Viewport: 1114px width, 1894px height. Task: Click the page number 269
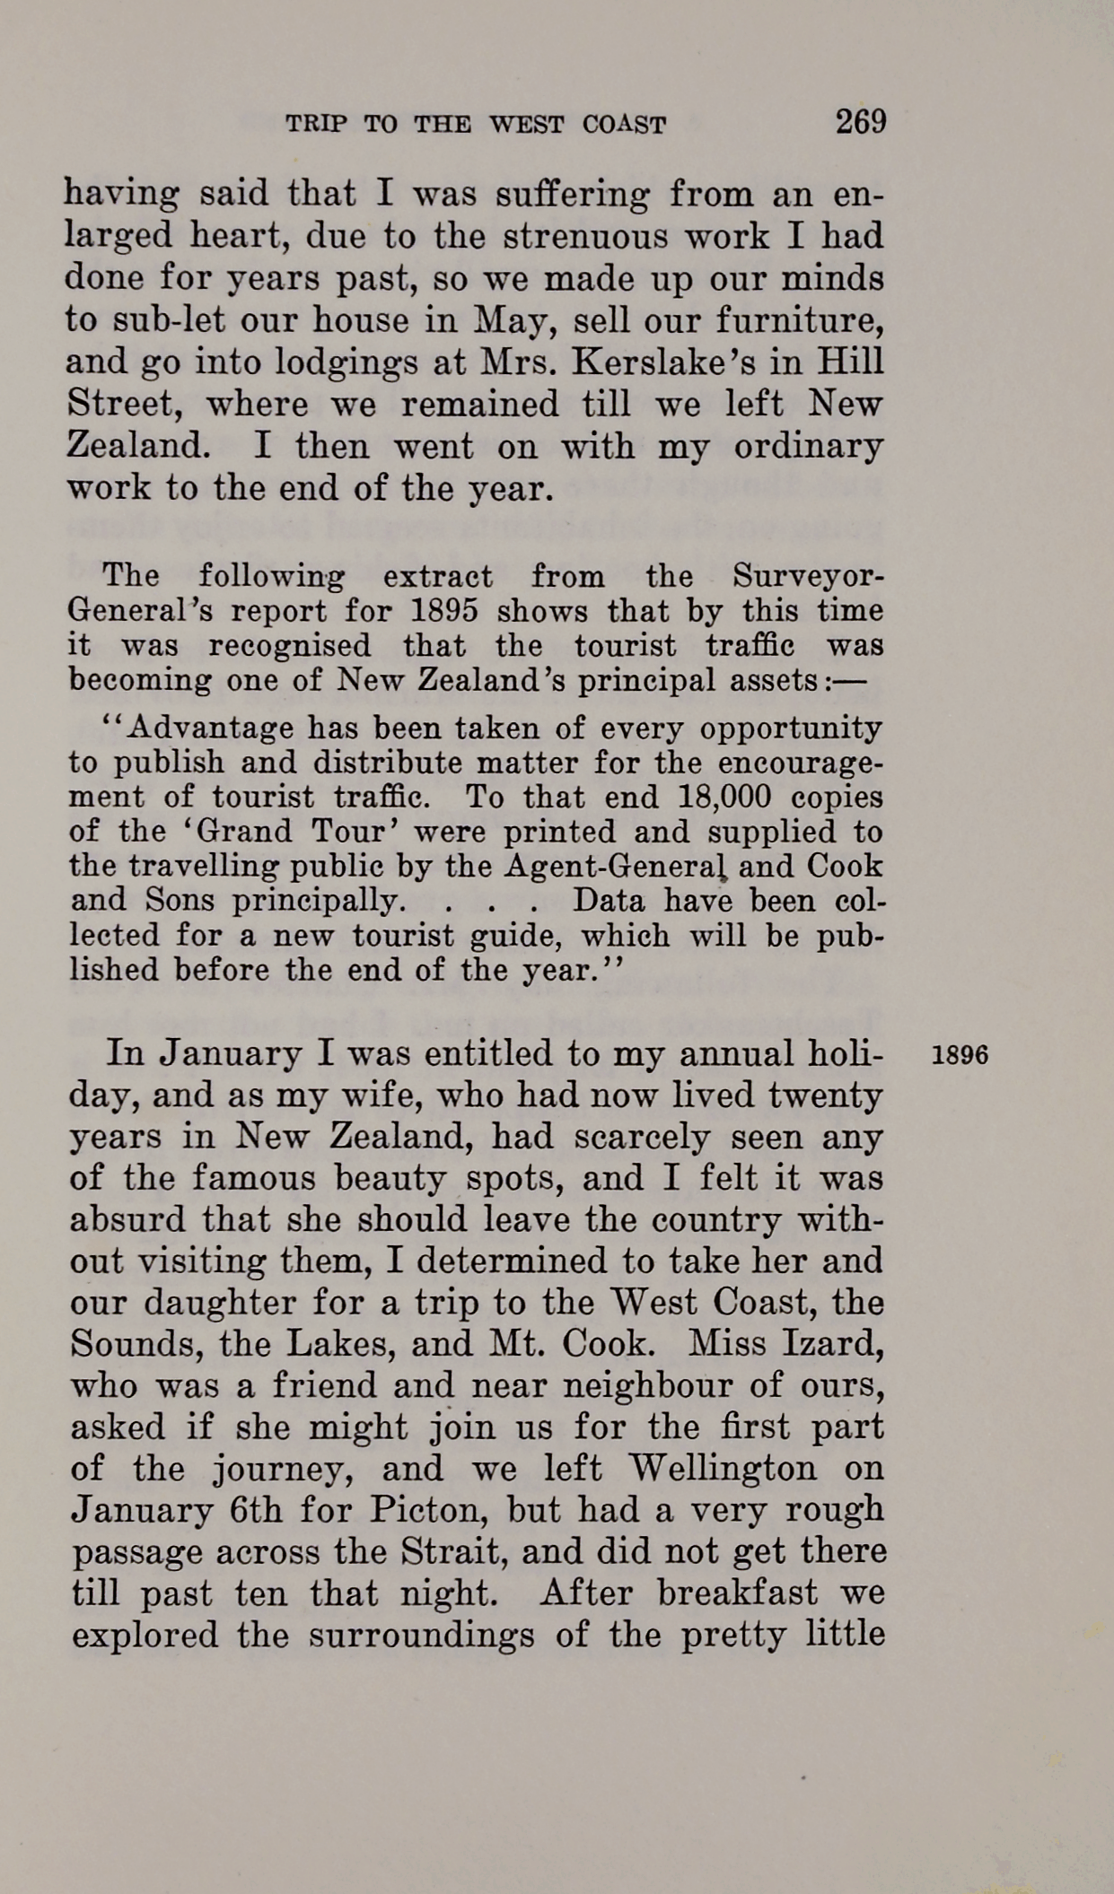860,121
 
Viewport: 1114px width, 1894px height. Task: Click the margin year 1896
960,1055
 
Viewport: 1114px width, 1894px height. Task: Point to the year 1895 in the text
443,611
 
